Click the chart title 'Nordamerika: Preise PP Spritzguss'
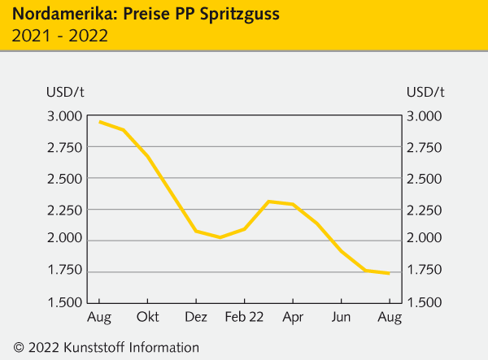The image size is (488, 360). (141, 14)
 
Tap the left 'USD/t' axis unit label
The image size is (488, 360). (66, 92)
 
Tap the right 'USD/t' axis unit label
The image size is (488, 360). (425, 92)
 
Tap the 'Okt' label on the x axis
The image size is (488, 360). (147, 315)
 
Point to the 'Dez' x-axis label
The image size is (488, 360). (196, 315)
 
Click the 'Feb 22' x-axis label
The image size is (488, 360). (244, 315)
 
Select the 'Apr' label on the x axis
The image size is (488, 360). (293, 315)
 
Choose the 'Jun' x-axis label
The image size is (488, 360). (342, 315)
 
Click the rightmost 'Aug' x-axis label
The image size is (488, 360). (390, 315)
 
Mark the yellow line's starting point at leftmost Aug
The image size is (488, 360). (99, 122)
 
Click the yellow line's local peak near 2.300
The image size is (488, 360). (268, 201)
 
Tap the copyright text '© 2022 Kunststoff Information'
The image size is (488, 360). (106, 347)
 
